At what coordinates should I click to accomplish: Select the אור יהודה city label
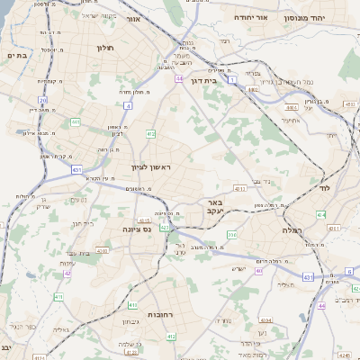pyautogui.click(x=250, y=17)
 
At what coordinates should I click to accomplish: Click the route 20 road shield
pyautogui.click(x=42, y=101)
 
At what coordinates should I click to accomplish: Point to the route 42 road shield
pyautogui.click(x=68, y=273)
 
